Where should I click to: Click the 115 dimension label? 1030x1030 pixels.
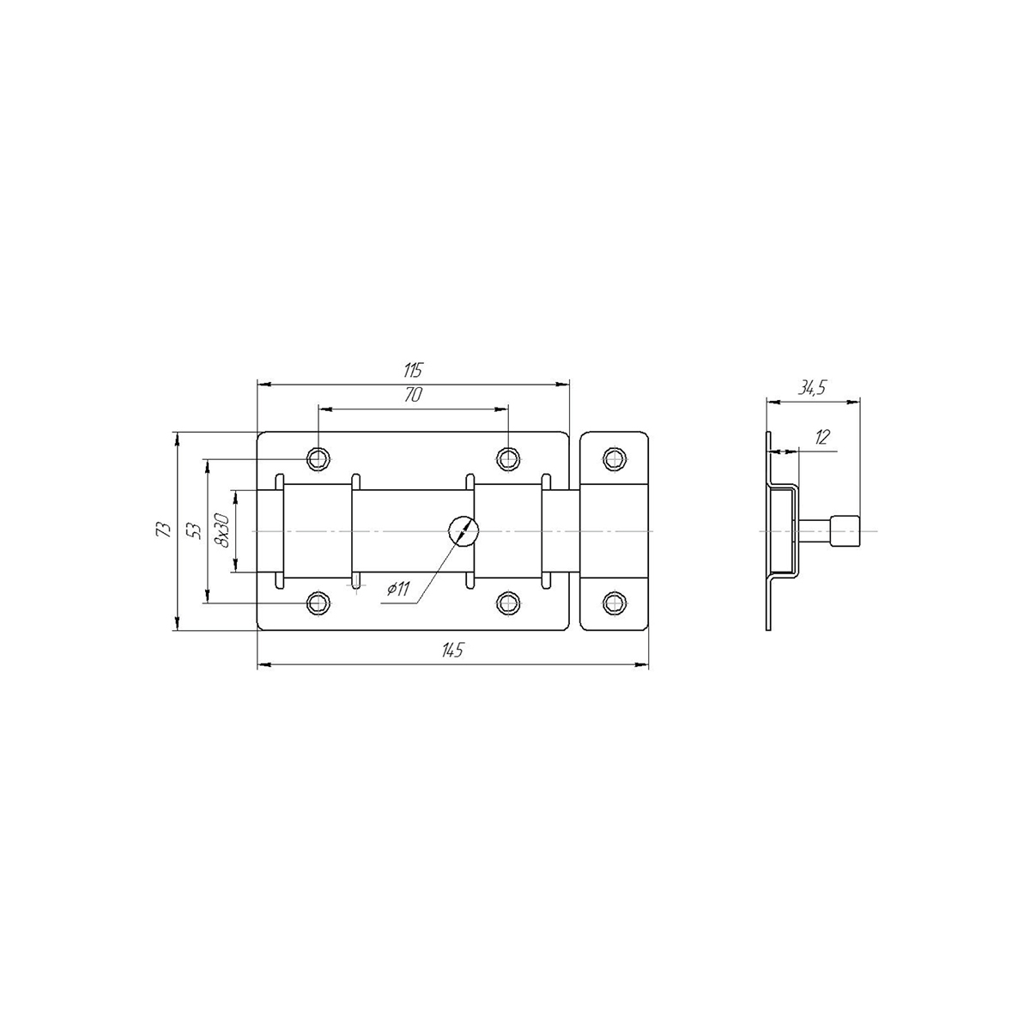tap(414, 369)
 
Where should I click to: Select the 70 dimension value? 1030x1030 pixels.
tap(413, 395)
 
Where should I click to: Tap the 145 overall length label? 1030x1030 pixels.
tap(451, 650)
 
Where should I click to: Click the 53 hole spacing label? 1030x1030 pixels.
tap(196, 530)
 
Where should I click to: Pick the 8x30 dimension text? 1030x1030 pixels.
tap(221, 530)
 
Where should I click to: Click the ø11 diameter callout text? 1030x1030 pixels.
tap(398, 589)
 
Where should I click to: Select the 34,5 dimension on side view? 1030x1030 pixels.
tap(812, 389)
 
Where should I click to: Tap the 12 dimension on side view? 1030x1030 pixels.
tap(822, 437)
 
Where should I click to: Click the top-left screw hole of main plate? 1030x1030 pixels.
tap(318, 457)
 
